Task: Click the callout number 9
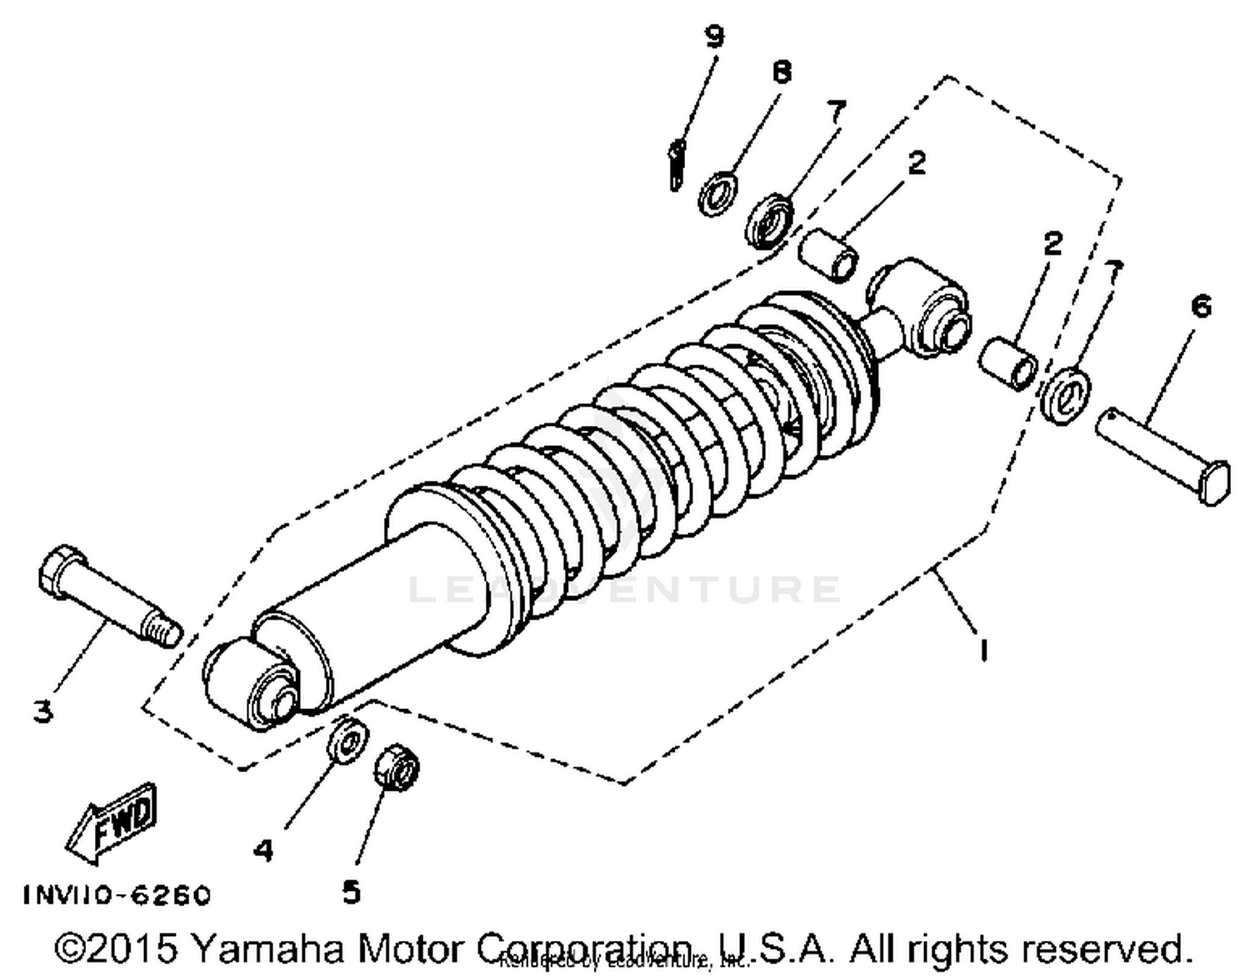point(714,37)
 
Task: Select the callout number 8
point(781,72)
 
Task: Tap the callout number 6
point(1200,307)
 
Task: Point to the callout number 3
point(42,711)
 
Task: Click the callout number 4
point(263,850)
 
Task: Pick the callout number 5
point(352,892)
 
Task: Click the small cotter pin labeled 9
point(677,164)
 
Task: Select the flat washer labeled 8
point(717,192)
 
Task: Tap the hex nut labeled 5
point(396,767)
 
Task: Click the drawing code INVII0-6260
point(117,895)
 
